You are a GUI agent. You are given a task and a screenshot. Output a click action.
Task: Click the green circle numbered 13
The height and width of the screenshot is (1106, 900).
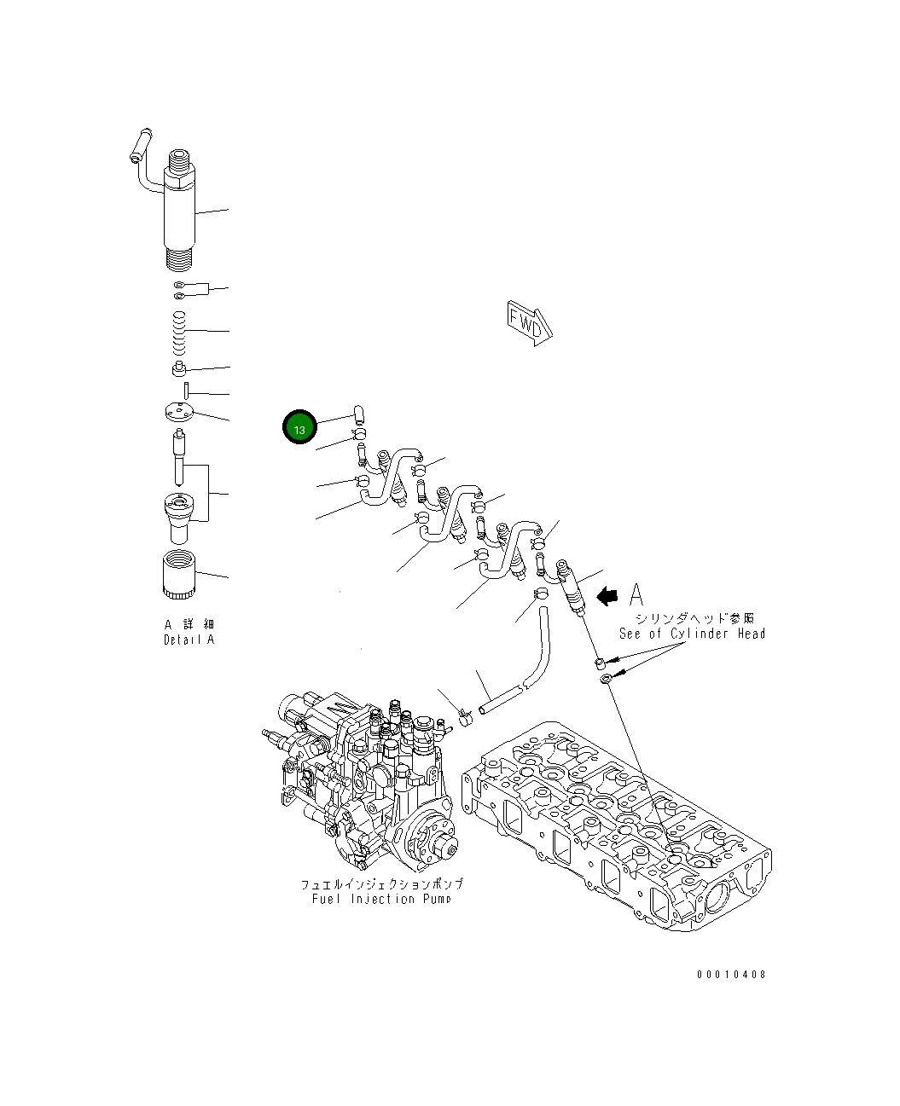point(299,427)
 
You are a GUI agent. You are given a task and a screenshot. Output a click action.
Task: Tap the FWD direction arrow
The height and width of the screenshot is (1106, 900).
point(529,322)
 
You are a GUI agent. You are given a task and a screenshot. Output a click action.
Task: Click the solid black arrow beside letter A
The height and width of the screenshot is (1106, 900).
point(607,596)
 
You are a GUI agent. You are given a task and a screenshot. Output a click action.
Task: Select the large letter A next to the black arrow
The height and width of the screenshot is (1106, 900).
point(636,594)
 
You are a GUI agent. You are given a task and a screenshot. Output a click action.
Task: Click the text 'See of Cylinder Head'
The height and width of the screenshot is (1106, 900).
point(692,634)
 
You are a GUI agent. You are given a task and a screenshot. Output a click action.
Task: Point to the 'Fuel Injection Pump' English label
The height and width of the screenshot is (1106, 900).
point(381,899)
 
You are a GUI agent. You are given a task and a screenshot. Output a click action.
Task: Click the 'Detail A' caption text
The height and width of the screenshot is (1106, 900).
point(189,640)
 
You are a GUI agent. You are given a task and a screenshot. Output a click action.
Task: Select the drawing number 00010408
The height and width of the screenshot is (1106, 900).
point(730,975)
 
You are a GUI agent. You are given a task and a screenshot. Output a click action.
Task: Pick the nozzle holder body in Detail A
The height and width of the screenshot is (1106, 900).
point(179,205)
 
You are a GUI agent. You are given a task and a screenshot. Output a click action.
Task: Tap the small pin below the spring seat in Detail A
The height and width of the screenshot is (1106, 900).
point(185,389)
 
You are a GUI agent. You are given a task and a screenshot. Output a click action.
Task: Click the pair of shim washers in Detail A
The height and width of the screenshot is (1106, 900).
point(180,290)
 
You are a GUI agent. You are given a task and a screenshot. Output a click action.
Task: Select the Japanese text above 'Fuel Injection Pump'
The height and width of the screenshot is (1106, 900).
point(381,884)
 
